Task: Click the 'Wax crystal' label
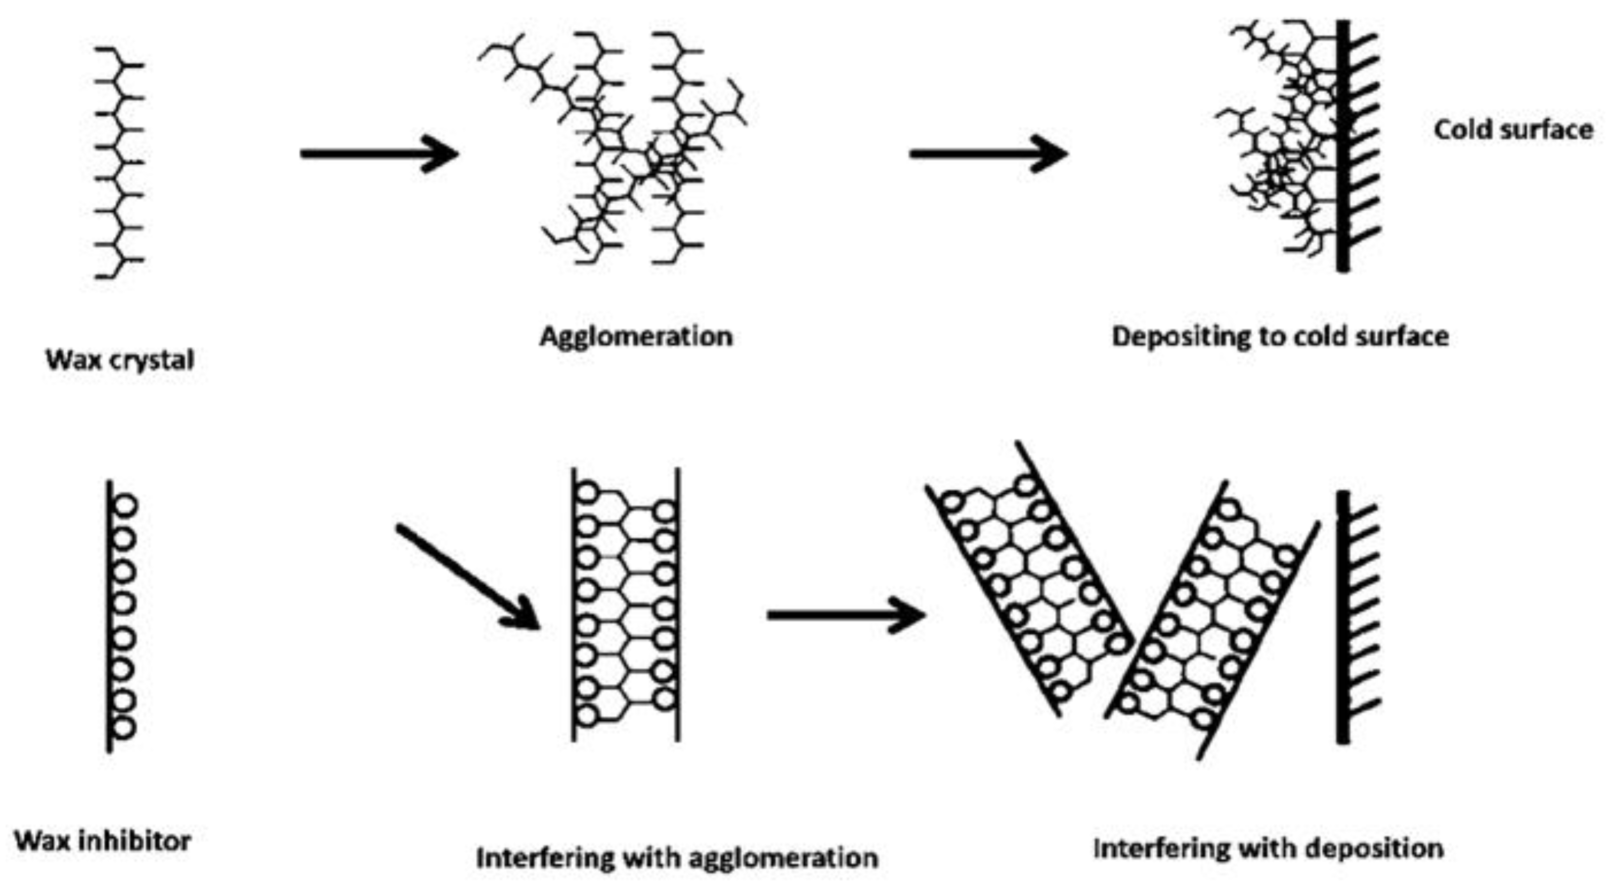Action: point(120,360)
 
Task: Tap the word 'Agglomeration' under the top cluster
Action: point(636,337)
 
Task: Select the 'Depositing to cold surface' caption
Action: point(1280,337)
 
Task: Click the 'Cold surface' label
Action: point(1512,130)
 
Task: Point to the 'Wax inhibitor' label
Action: point(103,841)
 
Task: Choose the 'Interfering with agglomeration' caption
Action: point(677,858)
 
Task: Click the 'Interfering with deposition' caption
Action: point(1269,848)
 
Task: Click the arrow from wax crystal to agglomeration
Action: point(378,153)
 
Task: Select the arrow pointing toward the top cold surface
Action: point(987,153)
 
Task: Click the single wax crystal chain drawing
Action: point(119,162)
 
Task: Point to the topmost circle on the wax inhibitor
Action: point(125,505)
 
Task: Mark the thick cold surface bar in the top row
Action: point(1342,147)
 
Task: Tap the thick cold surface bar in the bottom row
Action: point(1342,619)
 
